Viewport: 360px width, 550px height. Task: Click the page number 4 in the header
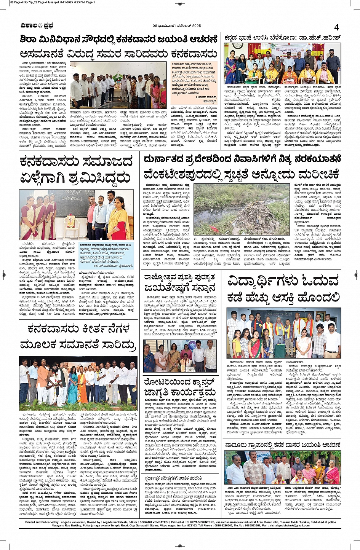point(336,27)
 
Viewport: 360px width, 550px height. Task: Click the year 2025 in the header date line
point(194,26)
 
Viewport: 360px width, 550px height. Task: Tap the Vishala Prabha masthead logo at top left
point(37,26)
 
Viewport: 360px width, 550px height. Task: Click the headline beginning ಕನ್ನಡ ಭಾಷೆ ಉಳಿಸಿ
point(282,38)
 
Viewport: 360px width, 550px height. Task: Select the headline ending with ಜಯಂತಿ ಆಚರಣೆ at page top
point(119,39)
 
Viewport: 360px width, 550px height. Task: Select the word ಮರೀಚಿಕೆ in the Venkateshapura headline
point(318,175)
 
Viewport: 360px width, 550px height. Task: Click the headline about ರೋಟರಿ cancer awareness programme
point(180,387)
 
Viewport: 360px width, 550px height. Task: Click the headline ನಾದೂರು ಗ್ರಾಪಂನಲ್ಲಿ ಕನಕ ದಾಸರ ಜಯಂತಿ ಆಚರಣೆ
point(282,444)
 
